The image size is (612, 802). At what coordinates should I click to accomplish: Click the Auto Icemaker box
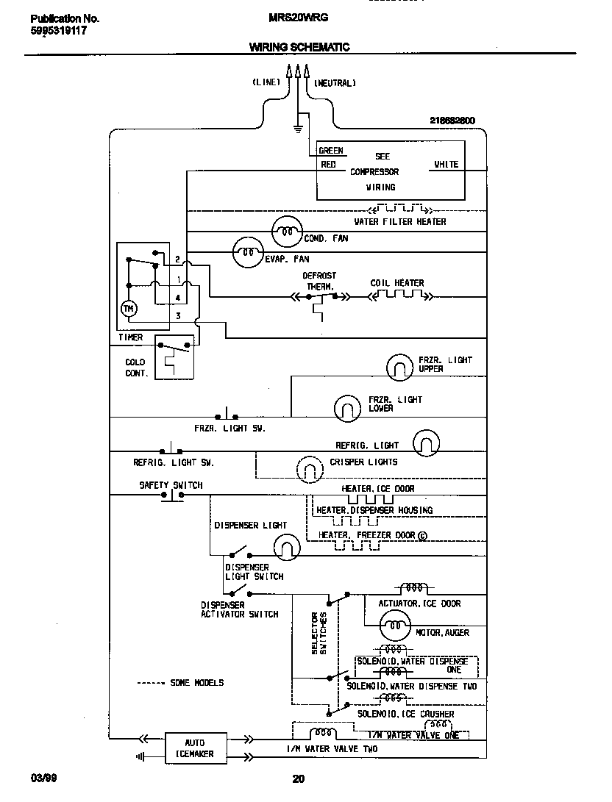click(195, 748)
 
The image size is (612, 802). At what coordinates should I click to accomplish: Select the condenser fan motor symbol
click(286, 232)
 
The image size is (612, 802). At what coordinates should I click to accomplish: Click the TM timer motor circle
click(129, 309)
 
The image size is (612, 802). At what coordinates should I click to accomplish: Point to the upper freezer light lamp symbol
click(400, 365)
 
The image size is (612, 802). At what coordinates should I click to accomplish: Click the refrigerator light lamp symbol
click(426, 444)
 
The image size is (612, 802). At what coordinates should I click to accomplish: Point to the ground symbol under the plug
click(298, 129)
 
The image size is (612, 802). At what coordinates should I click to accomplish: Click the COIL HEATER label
click(397, 283)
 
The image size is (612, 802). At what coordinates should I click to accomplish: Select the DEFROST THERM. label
click(319, 281)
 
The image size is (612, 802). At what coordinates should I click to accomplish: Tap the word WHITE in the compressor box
click(446, 165)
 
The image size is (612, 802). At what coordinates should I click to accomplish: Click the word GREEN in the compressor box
click(331, 151)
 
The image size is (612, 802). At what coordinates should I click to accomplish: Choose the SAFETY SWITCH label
click(171, 485)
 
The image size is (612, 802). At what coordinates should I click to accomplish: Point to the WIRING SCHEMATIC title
click(299, 47)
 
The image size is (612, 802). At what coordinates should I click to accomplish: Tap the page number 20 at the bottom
click(299, 779)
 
